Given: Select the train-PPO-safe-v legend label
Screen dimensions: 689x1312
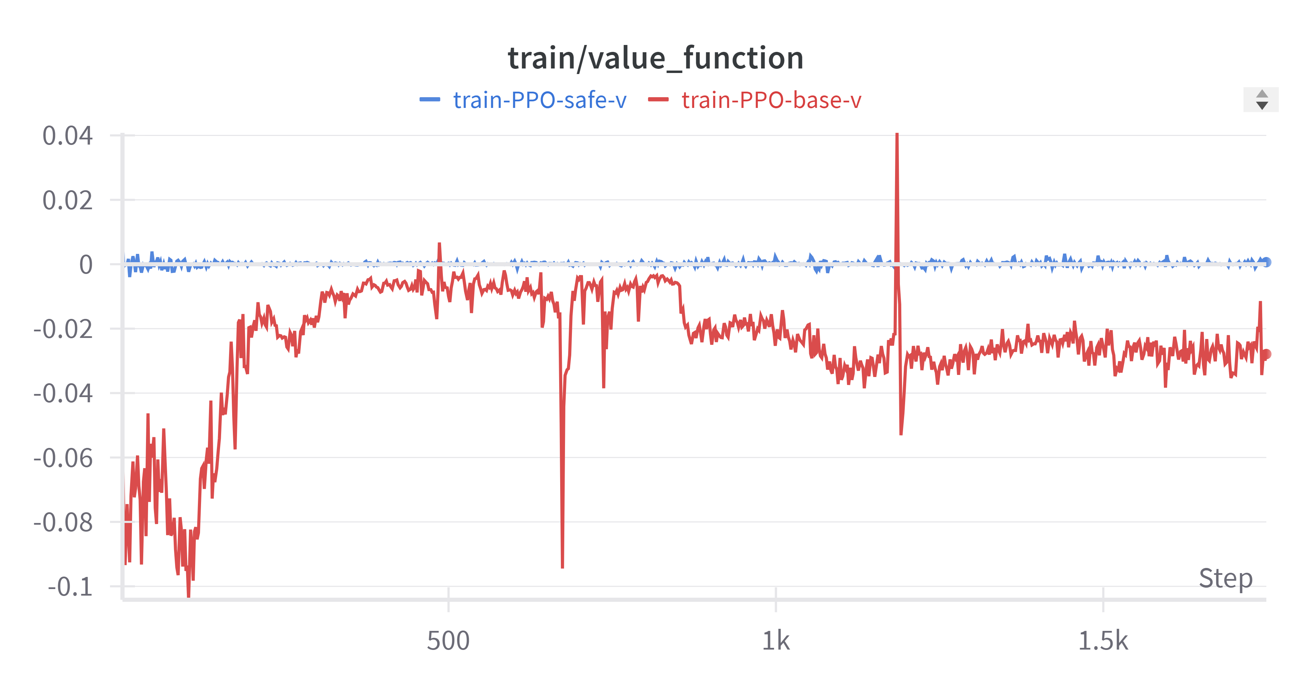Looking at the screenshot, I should pos(539,100).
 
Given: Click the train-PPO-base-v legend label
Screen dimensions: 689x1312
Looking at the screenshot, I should pos(771,100).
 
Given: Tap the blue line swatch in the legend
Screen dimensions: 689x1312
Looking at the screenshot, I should pos(429,100).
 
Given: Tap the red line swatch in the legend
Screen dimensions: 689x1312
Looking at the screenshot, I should pos(658,100).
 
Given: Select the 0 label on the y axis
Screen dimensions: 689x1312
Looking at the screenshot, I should pos(85,265).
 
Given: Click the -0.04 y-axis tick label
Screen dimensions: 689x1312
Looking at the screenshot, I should pos(63,393).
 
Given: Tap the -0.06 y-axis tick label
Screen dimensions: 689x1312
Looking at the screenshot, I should pos(63,458).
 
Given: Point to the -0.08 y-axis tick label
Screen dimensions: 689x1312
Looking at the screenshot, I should pos(63,523).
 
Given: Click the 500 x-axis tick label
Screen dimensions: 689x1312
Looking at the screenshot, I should pos(448,641).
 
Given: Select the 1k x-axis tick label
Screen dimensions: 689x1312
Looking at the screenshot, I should pos(776,641).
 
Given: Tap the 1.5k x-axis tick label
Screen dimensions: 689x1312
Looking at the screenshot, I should pos(1103,641).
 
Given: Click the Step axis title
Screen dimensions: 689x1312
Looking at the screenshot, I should pos(1226,579).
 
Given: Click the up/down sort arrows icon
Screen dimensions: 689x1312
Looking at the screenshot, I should pos(1261,100).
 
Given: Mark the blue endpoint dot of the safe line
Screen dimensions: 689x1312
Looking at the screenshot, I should pos(1266,262).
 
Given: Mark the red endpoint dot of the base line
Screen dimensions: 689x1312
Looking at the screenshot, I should pos(1266,354).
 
